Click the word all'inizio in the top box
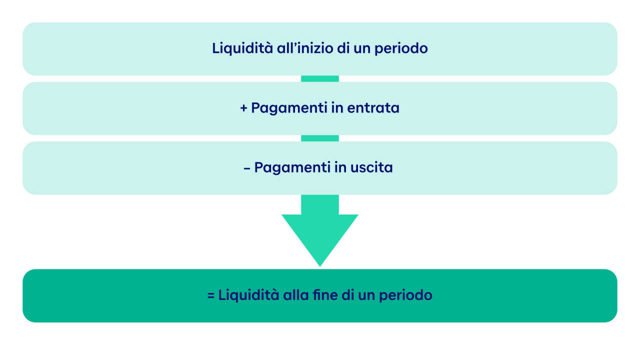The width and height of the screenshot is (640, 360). click(x=305, y=48)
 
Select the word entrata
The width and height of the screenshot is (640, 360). click(x=373, y=108)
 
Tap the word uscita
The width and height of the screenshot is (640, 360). click(x=371, y=167)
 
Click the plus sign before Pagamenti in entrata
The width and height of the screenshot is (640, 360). click(x=244, y=108)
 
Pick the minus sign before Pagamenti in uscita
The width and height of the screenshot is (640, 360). click(x=247, y=169)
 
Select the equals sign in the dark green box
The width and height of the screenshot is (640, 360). click(x=211, y=296)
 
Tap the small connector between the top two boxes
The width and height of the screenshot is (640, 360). click(x=320, y=79)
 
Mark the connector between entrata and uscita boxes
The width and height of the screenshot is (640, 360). click(x=320, y=138)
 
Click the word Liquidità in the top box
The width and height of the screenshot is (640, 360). click(x=242, y=48)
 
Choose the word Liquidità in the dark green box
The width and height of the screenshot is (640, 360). click(x=248, y=295)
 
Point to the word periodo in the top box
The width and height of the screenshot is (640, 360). click(x=401, y=49)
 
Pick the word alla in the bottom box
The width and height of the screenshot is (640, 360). click(x=296, y=295)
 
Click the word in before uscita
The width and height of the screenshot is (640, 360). click(x=340, y=167)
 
